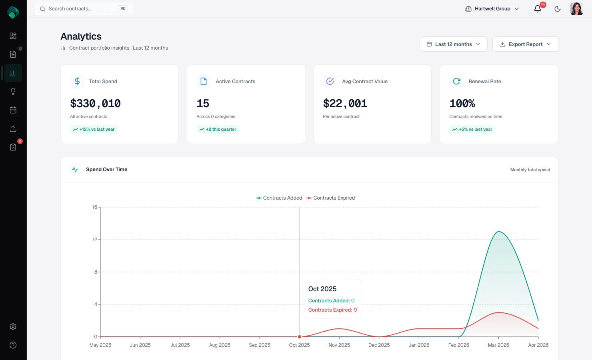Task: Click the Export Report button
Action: [x=525, y=44]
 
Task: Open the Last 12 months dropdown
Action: [x=453, y=44]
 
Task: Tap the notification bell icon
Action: [x=538, y=9]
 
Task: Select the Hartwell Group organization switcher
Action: [x=492, y=9]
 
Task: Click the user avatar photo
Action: [x=576, y=9]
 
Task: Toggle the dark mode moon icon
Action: [x=558, y=9]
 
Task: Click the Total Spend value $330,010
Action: [x=95, y=104]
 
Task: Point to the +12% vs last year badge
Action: [x=94, y=129]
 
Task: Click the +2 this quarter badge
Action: [x=218, y=129]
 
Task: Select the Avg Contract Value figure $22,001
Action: [x=345, y=104]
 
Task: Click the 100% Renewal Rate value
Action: [x=462, y=104]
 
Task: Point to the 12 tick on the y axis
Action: [x=95, y=240]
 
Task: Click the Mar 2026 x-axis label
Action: [x=498, y=345]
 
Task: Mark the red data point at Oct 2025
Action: [x=300, y=337]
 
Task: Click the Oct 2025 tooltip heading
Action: [x=322, y=289]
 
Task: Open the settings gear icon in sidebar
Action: [x=13, y=327]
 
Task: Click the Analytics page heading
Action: [x=81, y=36]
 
